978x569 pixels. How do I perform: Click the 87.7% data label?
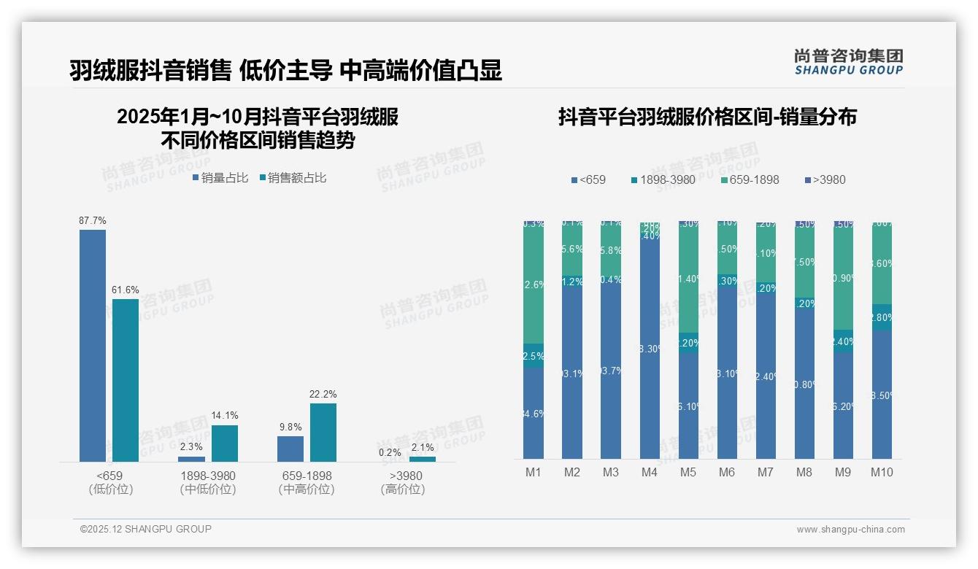pyautogui.click(x=93, y=220)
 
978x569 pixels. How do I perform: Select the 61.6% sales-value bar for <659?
pyautogui.click(x=126, y=379)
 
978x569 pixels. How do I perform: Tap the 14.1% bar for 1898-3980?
pyautogui.click(x=225, y=443)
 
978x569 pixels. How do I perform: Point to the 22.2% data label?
pyautogui.click(x=323, y=394)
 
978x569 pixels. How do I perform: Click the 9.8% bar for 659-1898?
pyautogui.click(x=290, y=449)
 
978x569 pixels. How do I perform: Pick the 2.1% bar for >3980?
pyautogui.click(x=423, y=459)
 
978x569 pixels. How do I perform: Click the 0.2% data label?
pyautogui.click(x=390, y=452)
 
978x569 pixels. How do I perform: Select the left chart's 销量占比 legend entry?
pyautogui.click(x=220, y=177)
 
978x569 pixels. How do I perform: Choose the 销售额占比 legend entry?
pyautogui.click(x=293, y=177)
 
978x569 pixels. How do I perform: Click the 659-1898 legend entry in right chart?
pyautogui.click(x=750, y=179)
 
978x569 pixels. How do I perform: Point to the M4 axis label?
pyautogui.click(x=650, y=472)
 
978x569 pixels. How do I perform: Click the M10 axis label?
pyautogui.click(x=882, y=472)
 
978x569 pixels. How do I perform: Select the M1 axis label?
pyautogui.click(x=534, y=472)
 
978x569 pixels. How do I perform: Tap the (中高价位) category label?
pyautogui.click(x=307, y=489)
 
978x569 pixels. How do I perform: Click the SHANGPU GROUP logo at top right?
pyautogui.click(x=848, y=61)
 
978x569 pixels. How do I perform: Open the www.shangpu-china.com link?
pyautogui.click(x=850, y=529)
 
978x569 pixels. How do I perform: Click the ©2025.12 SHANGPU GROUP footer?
pyautogui.click(x=146, y=529)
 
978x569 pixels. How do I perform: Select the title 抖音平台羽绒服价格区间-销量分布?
pyautogui.click(x=707, y=117)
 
